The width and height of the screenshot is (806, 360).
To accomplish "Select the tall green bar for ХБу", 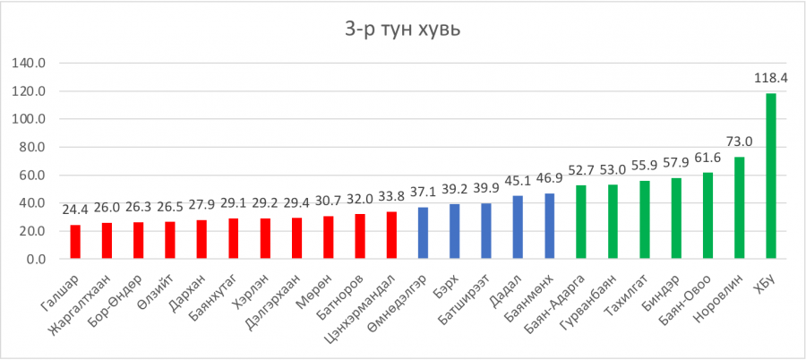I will [x=771, y=176].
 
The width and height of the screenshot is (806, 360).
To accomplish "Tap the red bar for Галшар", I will [x=74, y=242].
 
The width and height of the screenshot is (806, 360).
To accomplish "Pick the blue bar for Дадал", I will [x=518, y=227].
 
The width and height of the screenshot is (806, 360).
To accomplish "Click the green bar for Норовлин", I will [x=739, y=208].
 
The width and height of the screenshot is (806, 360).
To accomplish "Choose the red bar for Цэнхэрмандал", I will [x=391, y=236].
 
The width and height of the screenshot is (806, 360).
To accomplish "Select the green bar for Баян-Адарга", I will [x=581, y=222].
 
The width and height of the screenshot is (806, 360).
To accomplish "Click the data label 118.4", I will [x=770, y=79].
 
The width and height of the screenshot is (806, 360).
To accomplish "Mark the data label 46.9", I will [x=549, y=178].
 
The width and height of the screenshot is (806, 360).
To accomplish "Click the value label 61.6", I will [x=707, y=158].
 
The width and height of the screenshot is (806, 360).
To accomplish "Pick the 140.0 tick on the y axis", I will [x=32, y=64].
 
